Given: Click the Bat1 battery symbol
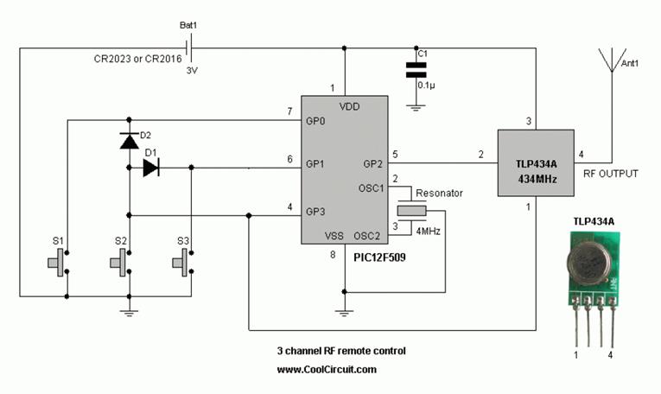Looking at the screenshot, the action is pos(189,48).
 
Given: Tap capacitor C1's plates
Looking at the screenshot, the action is pos(416,70).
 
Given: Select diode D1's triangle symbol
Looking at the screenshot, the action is pos(151,168).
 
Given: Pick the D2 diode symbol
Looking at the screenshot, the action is pos(129,141).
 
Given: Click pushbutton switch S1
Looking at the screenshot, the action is pos(59,263).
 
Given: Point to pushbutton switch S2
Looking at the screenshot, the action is pos(122,263).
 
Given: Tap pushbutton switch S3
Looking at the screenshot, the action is pos(183,263).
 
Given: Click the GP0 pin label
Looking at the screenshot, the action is pos(315,121).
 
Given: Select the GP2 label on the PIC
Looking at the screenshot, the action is pos(372,164).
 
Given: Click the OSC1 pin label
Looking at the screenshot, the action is pos(371,188).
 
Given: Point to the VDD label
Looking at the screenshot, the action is pos(349,106).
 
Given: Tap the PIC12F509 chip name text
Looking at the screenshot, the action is pos(379,257).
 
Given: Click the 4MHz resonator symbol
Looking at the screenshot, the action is pos(412,211).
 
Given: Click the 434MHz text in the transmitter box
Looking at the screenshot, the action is pos(537,180).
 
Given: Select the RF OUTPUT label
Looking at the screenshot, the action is pos(610,174).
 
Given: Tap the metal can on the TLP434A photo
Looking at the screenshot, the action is pos(589,264).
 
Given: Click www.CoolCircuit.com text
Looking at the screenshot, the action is pos(327,370).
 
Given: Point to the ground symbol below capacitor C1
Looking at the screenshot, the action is pos(416,108).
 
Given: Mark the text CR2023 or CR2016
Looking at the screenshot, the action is pos(138,59).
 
